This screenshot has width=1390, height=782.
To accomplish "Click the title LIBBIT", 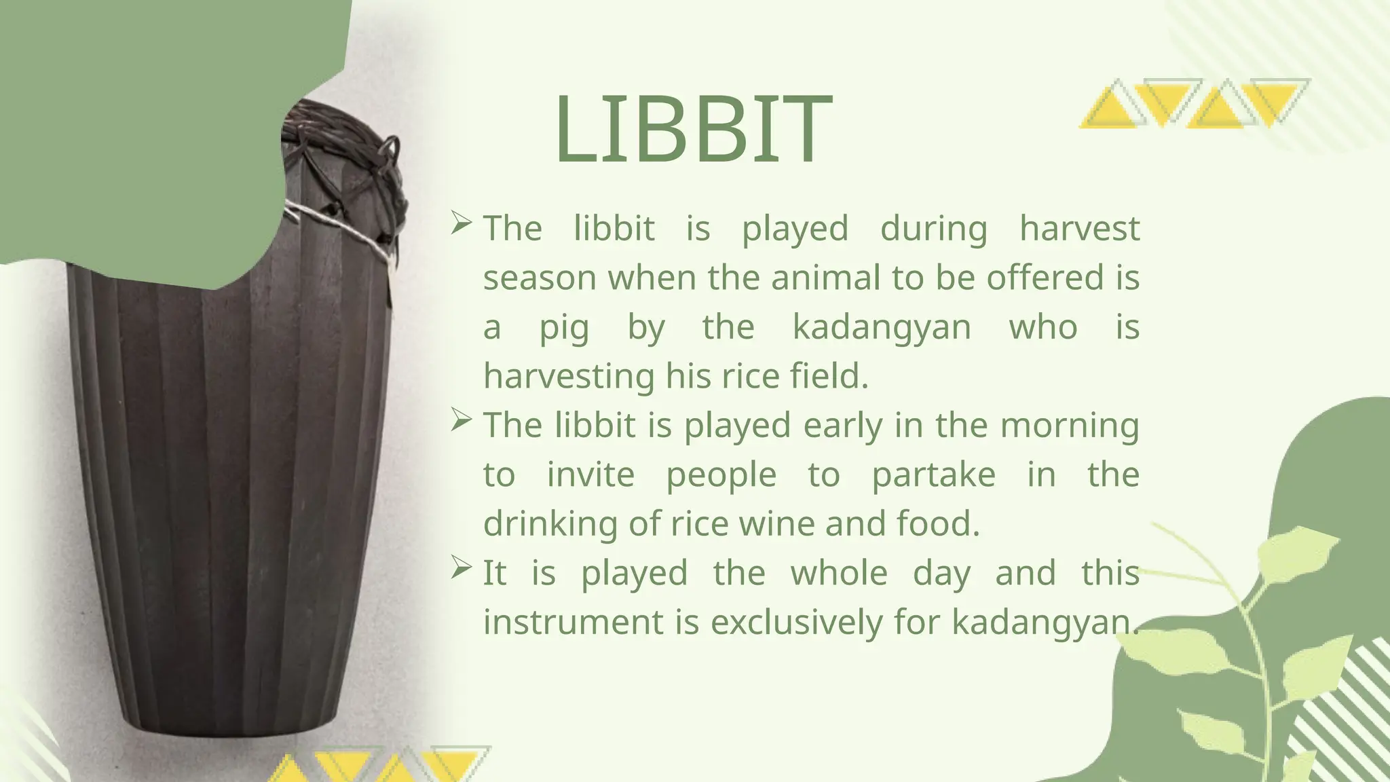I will coord(693,130).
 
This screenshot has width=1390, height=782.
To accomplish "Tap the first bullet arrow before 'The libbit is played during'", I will coord(461,223).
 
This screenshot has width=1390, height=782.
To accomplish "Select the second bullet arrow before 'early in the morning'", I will coord(461,420).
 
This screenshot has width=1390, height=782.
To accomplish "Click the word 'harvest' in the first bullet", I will coord(1079,228).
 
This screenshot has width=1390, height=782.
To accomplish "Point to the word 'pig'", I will coord(564,329).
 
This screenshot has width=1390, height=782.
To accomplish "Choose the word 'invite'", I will coord(590,474).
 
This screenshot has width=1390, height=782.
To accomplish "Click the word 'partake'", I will coord(933,476).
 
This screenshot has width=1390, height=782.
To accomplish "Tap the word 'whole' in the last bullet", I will coord(839,573).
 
